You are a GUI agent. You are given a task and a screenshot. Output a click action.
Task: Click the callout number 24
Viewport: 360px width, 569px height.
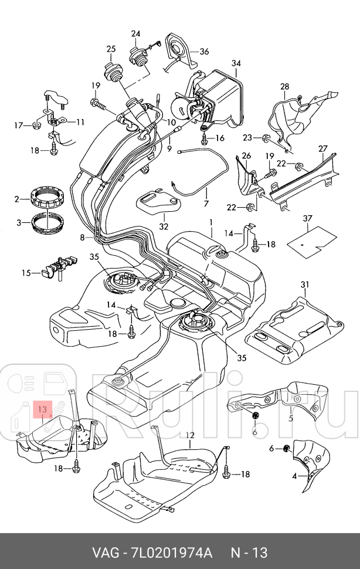point(135,34)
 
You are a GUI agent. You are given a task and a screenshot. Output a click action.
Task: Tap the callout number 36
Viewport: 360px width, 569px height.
point(204,52)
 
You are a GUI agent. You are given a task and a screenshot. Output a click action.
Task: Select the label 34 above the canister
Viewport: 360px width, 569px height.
point(236,63)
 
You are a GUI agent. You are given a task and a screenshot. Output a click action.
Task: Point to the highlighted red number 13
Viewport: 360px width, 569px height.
point(42,409)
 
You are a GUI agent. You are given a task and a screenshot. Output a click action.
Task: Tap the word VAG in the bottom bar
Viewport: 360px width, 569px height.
point(106,553)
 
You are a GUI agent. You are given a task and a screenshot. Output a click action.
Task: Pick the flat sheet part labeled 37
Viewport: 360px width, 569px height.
point(312,242)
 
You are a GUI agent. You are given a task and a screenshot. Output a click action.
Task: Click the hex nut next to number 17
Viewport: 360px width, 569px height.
point(36,126)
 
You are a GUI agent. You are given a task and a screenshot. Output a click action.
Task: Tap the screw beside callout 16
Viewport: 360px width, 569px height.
point(205,138)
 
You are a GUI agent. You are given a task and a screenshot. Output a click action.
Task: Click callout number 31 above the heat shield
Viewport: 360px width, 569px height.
point(305,284)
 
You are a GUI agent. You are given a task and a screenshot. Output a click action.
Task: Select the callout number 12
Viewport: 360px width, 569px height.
point(190,435)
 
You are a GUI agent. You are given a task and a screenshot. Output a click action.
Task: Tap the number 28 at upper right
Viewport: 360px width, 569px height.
point(285,86)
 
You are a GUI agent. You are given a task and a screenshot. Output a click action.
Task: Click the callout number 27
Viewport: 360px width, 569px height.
point(323,148)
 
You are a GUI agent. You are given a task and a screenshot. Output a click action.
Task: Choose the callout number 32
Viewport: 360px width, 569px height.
point(164,226)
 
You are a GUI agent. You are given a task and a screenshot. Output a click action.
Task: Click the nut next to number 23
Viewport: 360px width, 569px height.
point(266,138)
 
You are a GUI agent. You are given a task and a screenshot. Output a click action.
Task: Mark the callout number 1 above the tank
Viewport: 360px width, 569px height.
point(211,222)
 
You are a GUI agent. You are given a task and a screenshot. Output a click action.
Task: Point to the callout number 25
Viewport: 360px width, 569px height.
point(111,49)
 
